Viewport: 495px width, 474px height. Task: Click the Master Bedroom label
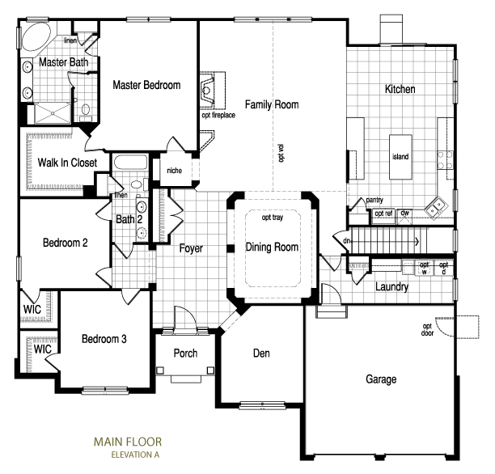tap(146, 85)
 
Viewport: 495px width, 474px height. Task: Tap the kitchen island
tap(400, 157)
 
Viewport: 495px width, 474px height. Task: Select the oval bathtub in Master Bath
tap(36, 36)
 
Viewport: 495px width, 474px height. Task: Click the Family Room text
tap(272, 104)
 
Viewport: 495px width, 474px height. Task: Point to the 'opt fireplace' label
tap(218, 115)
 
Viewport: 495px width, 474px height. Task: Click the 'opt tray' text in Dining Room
tap(273, 218)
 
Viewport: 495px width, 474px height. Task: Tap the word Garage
tap(381, 379)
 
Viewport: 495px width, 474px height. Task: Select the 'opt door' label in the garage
tap(427, 330)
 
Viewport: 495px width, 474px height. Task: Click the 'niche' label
tap(174, 171)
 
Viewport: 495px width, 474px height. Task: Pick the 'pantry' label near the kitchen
tap(374, 201)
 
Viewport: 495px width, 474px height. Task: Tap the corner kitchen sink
tap(437, 207)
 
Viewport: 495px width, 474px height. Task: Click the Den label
tap(261, 353)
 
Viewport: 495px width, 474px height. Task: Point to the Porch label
tap(185, 353)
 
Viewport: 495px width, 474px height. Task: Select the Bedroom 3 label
tap(104, 339)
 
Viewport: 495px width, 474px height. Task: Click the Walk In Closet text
tap(67, 163)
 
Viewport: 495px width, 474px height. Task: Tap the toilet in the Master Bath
tap(86, 111)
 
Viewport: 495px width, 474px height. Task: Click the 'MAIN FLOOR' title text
tap(128, 442)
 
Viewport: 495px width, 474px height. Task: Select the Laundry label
tap(391, 286)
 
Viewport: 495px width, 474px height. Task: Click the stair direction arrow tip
tap(419, 242)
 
